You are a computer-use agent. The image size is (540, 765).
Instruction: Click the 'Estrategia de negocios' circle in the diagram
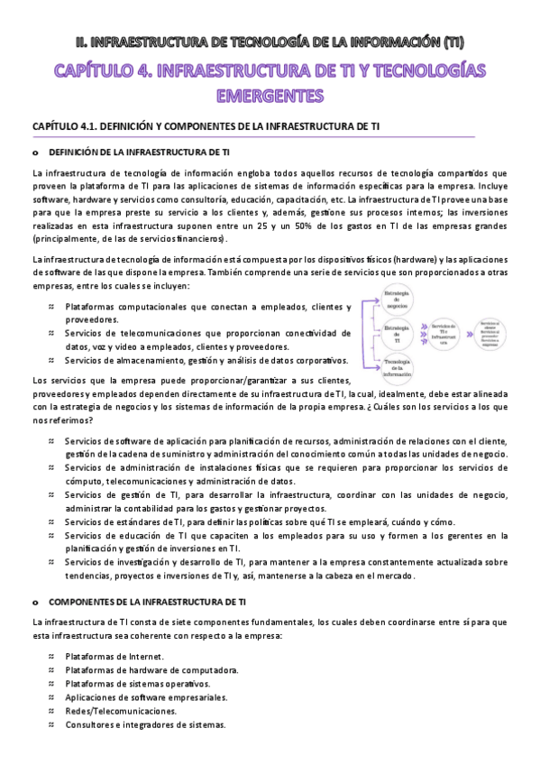pos(398,300)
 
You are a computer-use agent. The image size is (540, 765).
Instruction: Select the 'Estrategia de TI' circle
pos(398,333)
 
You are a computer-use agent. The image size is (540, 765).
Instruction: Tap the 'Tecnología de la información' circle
pos(398,367)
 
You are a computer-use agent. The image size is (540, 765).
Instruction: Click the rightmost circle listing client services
pos(491,333)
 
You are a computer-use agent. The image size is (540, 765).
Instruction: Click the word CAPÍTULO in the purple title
pos(97,70)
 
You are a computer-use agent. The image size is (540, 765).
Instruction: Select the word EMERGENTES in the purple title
pos(270,95)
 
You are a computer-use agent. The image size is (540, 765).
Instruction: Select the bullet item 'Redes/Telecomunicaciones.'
pos(121,711)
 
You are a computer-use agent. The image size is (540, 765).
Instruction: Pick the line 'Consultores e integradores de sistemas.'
pos(145,724)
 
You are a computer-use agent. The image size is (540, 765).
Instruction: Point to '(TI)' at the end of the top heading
pos(455,41)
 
